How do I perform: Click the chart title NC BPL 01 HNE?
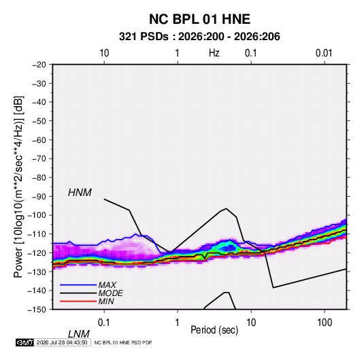[x=199, y=19]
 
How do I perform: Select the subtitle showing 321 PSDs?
[x=199, y=37]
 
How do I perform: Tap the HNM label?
[x=80, y=193]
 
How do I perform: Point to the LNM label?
[x=78, y=334]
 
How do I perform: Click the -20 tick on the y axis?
[x=39, y=65]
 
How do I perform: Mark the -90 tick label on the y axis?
[x=39, y=196]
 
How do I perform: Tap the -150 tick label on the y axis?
[x=37, y=310]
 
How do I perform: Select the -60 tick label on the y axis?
[x=39, y=140]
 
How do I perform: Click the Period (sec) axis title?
[x=214, y=330]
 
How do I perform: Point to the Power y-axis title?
[x=18, y=186]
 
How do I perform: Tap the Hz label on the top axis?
[x=214, y=53]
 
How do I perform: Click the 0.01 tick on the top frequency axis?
[x=324, y=53]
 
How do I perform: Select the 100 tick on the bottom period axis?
[x=325, y=323]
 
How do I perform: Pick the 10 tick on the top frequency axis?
[x=104, y=53]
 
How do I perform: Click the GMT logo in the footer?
[x=24, y=342]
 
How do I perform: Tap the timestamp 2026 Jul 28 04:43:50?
[x=62, y=342]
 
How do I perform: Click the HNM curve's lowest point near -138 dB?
[x=274, y=288]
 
